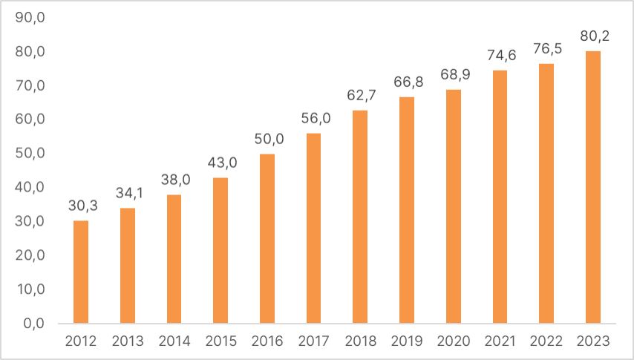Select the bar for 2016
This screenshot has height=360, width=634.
pos(267,238)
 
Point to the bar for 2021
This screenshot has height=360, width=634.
pos(500,197)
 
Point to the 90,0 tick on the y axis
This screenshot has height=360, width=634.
pos(30,18)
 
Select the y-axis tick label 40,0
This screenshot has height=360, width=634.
pos(30,187)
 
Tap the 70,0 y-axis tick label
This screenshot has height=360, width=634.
pos(30,85)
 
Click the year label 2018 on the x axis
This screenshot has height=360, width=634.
pos(360,341)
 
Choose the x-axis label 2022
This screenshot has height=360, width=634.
pos(547,341)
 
